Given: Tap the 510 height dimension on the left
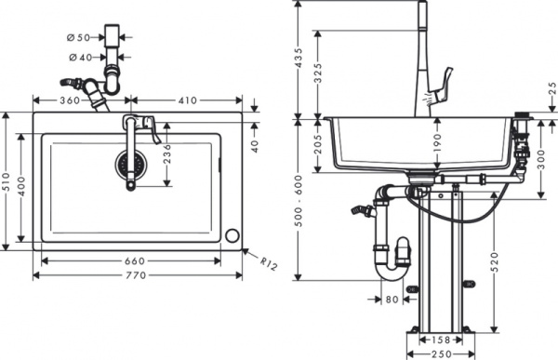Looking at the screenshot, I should [8, 181].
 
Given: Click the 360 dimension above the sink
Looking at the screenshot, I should [69, 99].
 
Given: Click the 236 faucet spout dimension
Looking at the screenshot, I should [167, 153].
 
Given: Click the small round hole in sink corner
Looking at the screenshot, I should [232, 235].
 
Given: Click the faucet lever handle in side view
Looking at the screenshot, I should [445, 80].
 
